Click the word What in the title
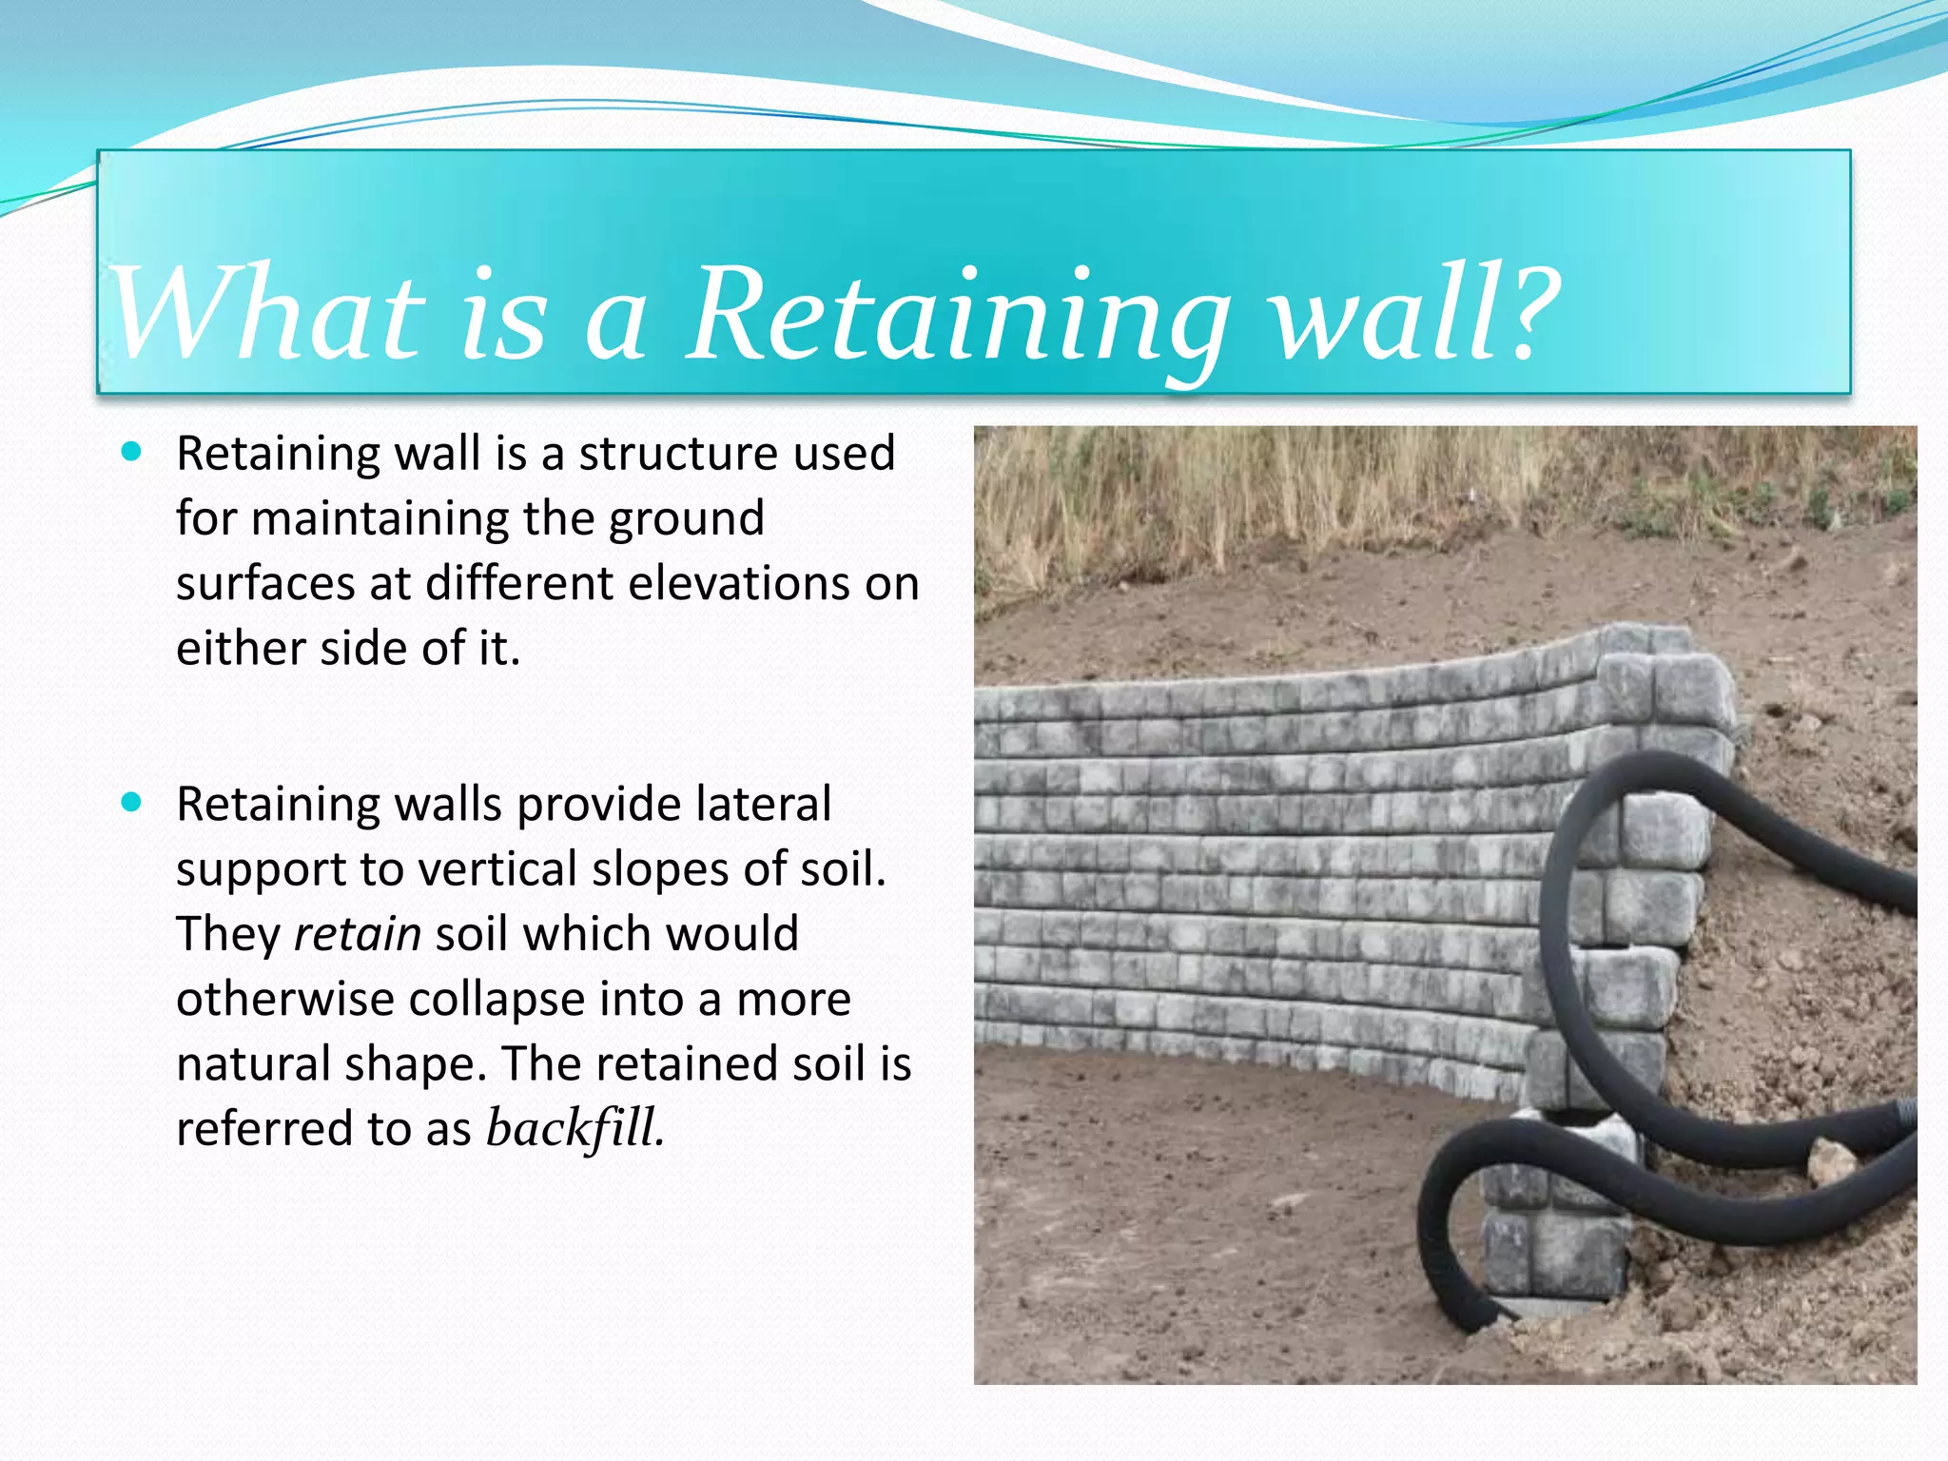[266, 314]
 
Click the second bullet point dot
[131, 802]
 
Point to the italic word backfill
[575, 1128]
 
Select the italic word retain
[358, 934]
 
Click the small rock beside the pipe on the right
[1831, 1162]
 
